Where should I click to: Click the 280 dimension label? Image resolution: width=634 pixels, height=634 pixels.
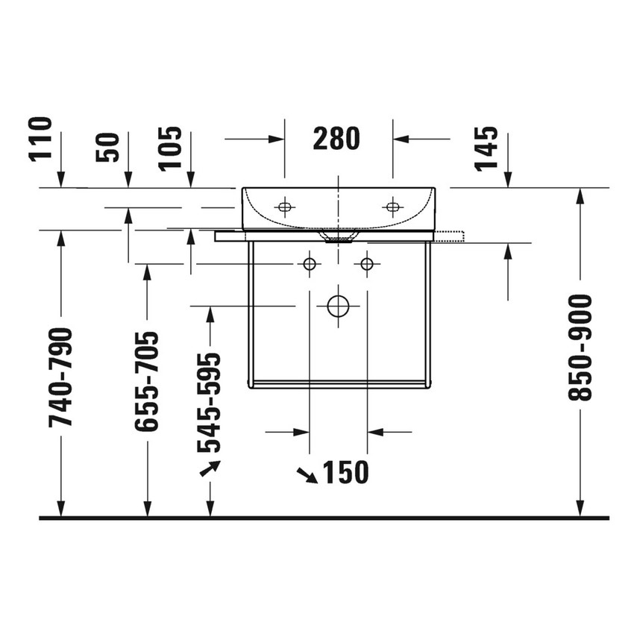pos(336,138)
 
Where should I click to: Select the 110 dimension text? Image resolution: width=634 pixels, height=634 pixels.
pos(41,139)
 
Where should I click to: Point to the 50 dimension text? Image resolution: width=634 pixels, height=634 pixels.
pos(107,147)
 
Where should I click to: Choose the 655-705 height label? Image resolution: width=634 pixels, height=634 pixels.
pos(146,381)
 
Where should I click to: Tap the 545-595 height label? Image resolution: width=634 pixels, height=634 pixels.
pos(210,402)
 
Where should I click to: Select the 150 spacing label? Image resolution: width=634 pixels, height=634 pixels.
pos(345,472)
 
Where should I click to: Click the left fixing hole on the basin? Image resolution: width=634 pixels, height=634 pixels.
pos(283,207)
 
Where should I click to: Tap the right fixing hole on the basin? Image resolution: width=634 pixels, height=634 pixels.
pos(392,207)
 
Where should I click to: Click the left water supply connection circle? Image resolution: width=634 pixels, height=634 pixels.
pos(309,263)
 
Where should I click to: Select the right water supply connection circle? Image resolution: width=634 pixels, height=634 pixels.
pos(366,263)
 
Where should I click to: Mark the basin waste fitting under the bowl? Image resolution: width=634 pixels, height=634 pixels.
pos(338,237)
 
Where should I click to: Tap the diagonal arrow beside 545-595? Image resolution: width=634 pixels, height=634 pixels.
pos(209,468)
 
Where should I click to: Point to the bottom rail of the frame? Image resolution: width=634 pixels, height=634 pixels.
pos(339,385)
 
